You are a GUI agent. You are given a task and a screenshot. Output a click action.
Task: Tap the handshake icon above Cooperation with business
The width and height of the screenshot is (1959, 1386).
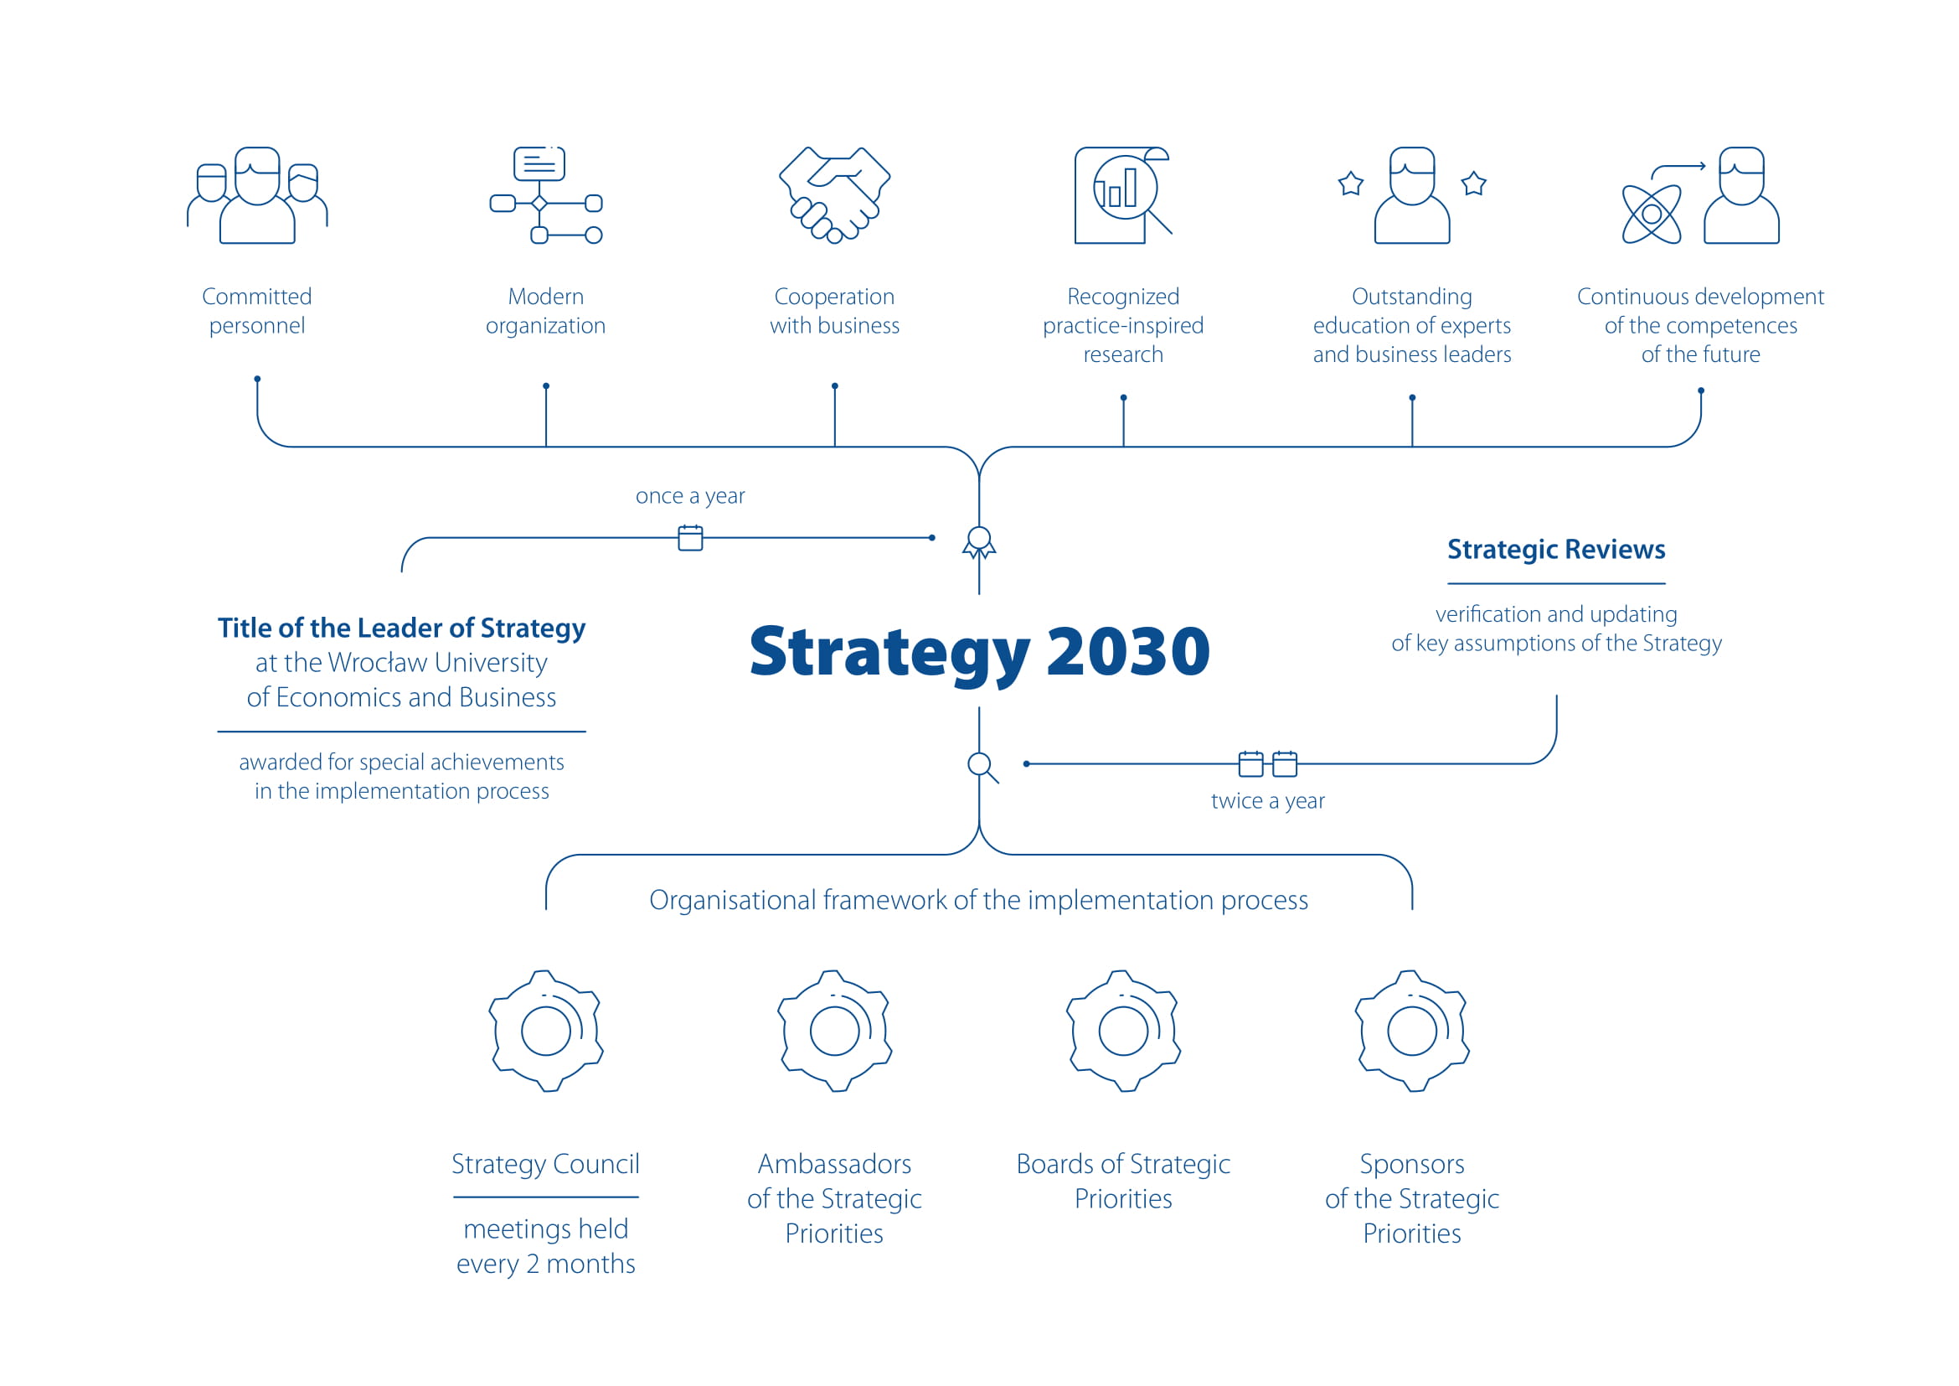pos(834,195)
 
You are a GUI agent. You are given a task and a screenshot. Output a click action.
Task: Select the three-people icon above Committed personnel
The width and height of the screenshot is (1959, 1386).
pos(257,195)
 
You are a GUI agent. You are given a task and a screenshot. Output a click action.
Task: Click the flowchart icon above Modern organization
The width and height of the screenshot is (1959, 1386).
pos(546,195)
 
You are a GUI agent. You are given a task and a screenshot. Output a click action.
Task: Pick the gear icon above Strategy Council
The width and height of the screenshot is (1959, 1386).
pos(546,1031)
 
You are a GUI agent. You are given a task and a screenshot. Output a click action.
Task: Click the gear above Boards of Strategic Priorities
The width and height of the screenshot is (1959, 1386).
pos(1123,1031)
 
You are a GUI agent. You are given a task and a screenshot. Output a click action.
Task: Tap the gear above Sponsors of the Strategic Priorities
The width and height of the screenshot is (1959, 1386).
pos(1412,1031)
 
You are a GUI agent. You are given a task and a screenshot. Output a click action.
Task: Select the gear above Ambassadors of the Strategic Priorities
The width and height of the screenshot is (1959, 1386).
pos(834,1031)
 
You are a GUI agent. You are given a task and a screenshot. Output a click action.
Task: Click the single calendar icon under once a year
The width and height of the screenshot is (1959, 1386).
pos(690,538)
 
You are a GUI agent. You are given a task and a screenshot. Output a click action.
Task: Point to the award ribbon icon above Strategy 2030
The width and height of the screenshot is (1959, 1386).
pos(978,543)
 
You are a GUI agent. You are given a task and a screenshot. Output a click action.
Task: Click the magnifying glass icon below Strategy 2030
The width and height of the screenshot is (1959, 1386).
pos(982,767)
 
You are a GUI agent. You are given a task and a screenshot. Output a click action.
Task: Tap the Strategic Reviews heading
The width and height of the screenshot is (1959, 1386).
pos(1556,550)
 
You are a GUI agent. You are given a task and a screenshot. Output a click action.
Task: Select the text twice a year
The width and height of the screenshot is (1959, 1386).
pos(1268,801)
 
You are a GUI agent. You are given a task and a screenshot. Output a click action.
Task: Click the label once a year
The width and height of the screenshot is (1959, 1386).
pos(690,496)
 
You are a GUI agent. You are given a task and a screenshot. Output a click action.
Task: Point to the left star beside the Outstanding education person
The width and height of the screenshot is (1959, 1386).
pos(1351,184)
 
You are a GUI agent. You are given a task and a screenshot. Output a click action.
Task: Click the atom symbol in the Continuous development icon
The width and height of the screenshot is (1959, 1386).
pos(1651,215)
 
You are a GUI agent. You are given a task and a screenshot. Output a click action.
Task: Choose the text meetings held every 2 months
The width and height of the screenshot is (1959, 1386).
pos(546,1247)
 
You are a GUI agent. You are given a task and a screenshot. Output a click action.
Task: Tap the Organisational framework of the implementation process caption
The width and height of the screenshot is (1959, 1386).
pos(978,900)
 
